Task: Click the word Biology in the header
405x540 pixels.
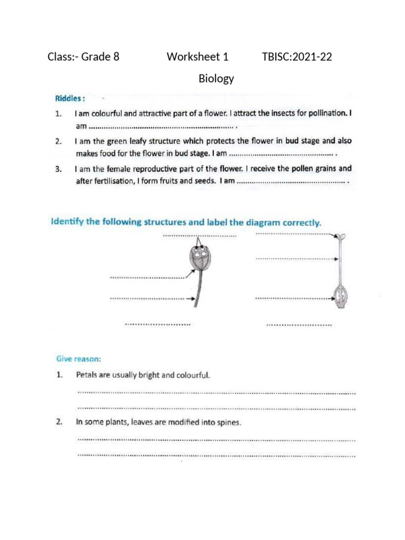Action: pos(216,79)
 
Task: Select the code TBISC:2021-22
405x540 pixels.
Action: pos(297,57)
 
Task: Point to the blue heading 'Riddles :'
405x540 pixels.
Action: pos(70,98)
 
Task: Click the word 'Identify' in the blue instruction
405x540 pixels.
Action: pos(67,222)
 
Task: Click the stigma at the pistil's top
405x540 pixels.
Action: pos(342,236)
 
